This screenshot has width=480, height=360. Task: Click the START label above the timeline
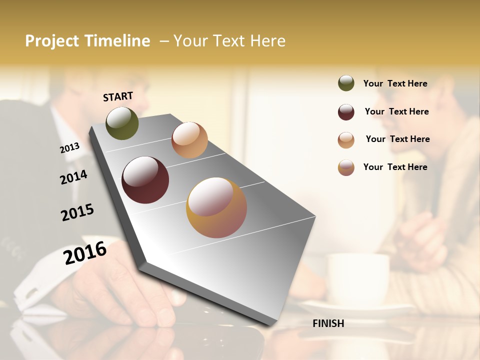[118, 96]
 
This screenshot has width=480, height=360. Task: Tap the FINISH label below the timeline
[328, 323]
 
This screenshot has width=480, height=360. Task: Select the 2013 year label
[70, 147]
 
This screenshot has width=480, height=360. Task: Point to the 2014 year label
[73, 177]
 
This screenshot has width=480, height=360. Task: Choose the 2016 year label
[85, 252]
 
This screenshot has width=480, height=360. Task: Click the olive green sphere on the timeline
[122, 123]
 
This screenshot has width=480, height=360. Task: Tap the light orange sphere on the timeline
[189, 140]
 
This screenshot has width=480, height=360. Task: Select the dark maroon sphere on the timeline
[145, 180]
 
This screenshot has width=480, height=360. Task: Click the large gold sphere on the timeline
[216, 207]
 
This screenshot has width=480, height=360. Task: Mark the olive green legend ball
[346, 83]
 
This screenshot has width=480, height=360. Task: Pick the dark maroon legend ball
[346, 112]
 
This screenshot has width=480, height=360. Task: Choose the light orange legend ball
[346, 140]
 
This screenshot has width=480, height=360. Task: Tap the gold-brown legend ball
[346, 167]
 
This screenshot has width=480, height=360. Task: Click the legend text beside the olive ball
[395, 83]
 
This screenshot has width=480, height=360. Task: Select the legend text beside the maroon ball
[396, 111]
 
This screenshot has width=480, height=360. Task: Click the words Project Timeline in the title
[87, 41]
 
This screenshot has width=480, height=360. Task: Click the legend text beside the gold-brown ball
[395, 167]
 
